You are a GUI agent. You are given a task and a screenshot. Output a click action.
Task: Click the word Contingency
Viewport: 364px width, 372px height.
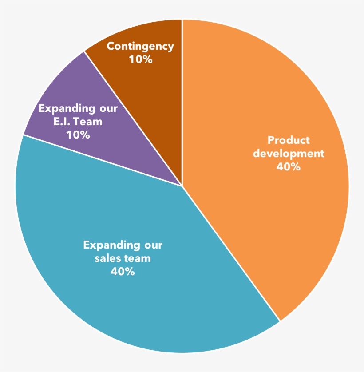coord(140,46)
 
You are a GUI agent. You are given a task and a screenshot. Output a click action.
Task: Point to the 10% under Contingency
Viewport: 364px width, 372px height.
coord(140,59)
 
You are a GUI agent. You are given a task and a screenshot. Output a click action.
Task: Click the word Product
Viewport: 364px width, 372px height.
coord(289,140)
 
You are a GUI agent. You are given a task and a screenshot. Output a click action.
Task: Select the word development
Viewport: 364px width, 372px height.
coord(289,154)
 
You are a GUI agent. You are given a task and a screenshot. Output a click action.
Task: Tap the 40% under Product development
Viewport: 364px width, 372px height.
coord(289,167)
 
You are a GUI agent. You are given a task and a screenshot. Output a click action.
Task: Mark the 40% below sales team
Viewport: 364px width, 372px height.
coord(123,271)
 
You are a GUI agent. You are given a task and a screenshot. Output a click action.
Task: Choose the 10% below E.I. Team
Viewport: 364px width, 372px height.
coord(78,134)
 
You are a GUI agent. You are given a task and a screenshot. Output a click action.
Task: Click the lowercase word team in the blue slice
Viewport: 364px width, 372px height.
coord(138,258)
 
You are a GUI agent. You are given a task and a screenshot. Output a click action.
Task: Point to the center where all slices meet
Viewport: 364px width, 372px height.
coord(182,186)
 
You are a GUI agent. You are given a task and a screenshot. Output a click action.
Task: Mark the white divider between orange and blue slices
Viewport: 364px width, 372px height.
coord(231,253)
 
